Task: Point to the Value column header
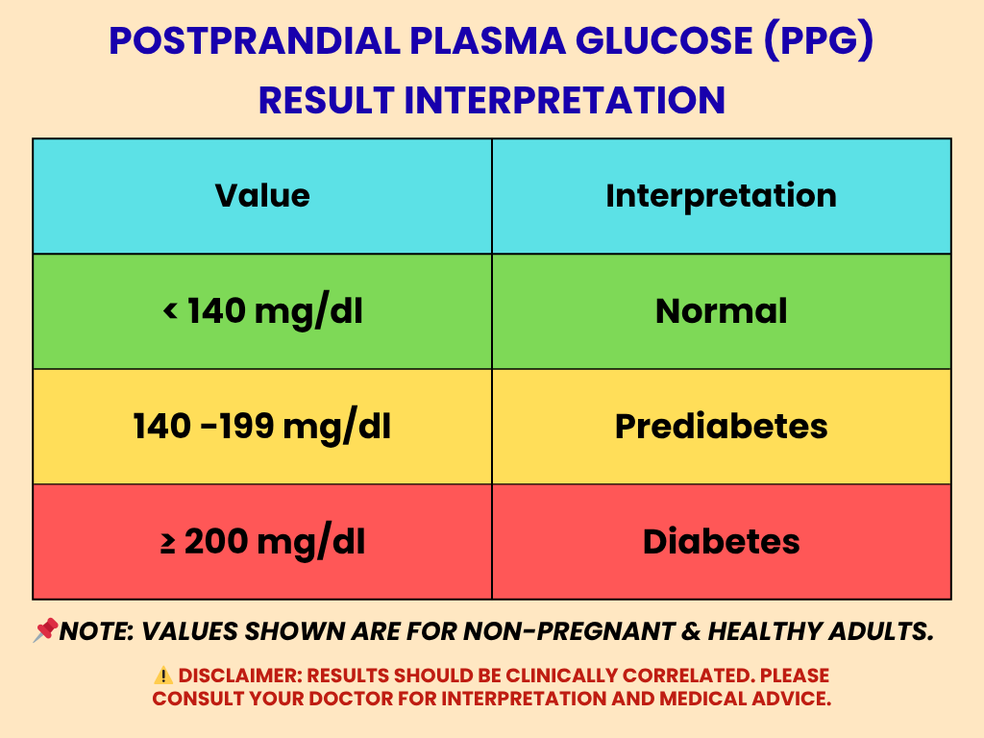pyautogui.click(x=262, y=196)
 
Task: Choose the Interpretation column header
pyautogui.click(x=721, y=196)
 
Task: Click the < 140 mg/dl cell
pyautogui.click(x=262, y=311)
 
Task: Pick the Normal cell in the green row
pyautogui.click(x=721, y=311)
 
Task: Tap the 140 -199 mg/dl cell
pyautogui.click(x=262, y=427)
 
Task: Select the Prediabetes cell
pyautogui.click(x=721, y=427)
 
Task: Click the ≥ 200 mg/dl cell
pyautogui.click(x=262, y=542)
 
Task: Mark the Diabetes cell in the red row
pyautogui.click(x=721, y=542)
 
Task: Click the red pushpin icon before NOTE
pyautogui.click(x=45, y=631)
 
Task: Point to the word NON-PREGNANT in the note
pyautogui.click(x=543, y=631)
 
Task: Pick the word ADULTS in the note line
pyautogui.click(x=884, y=631)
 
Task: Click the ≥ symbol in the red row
pyautogui.click(x=167, y=543)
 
